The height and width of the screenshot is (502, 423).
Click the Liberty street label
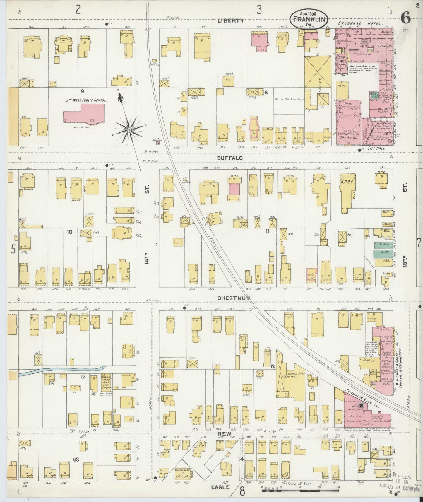230,21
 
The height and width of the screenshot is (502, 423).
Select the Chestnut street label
233,298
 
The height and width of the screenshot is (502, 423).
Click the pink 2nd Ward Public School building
84,114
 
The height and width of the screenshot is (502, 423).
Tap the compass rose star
129,130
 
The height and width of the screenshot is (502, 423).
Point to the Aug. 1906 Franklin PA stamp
309,19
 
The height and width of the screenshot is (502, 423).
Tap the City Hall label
377,149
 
